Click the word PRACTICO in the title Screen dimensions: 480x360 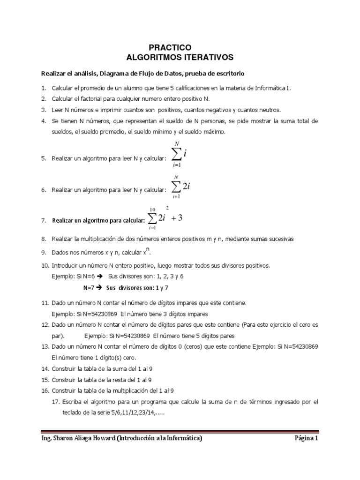tap(170, 47)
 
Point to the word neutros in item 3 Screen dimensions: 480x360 tap(268, 110)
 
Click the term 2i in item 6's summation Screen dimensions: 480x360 tap(186, 186)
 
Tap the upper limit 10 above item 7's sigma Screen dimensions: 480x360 tap(152, 209)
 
